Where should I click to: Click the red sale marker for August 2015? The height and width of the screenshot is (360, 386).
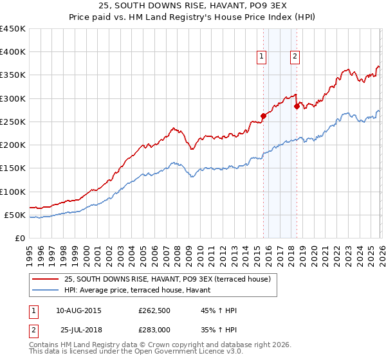[x=263, y=116]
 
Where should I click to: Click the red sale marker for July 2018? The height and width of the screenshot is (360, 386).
[x=297, y=107]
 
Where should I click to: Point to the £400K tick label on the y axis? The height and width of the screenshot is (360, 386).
[x=12, y=52]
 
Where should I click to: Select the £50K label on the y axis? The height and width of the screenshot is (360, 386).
[x=15, y=215]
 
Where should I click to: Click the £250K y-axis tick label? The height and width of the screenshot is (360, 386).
[x=12, y=122]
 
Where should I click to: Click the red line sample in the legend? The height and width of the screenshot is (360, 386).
[x=46, y=279]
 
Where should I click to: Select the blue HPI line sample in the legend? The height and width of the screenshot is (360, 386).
[x=46, y=290]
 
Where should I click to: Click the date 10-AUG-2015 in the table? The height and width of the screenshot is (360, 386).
[x=78, y=310]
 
